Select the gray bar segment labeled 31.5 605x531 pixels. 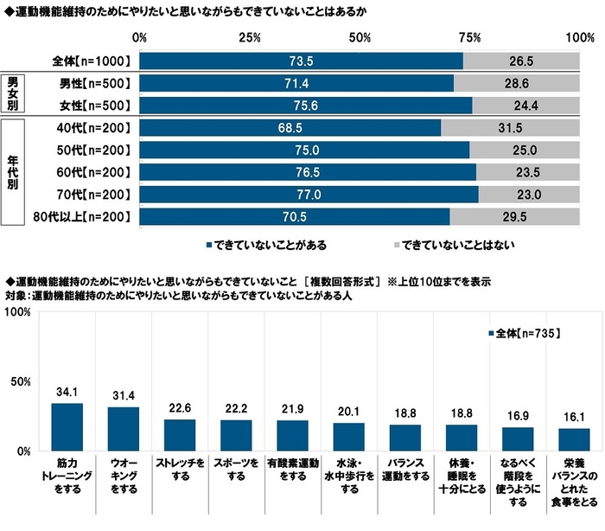(x=511, y=127)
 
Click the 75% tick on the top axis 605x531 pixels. (x=468, y=38)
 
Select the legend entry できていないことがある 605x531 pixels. (x=265, y=245)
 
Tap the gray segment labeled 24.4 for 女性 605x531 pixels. (x=526, y=106)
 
